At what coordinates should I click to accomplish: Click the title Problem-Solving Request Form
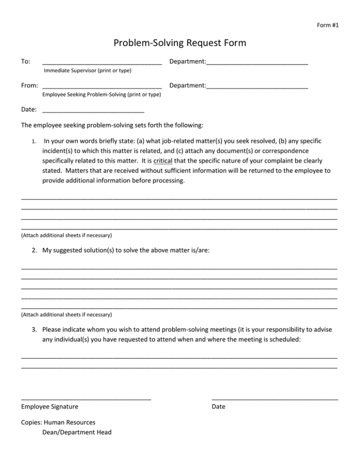click(180, 43)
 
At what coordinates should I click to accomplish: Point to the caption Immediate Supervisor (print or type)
click(87, 71)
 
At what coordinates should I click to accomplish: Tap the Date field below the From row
click(93, 112)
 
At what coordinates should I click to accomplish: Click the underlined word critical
click(163, 160)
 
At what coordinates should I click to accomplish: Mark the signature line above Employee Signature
click(86, 398)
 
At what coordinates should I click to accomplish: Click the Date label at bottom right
click(218, 406)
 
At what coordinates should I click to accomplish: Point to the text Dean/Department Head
click(77, 432)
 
